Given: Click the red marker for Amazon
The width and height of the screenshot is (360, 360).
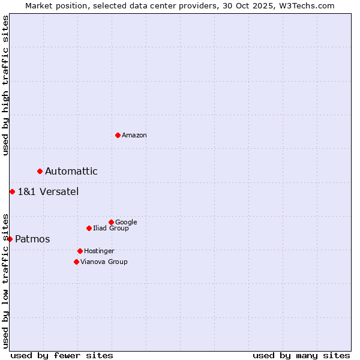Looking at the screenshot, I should tap(118, 135).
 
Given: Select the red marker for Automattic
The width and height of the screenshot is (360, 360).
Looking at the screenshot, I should tap(40, 171).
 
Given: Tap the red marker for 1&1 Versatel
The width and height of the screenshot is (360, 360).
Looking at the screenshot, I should tap(12, 191).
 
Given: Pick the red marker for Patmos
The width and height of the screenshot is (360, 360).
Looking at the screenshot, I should tap(10, 239).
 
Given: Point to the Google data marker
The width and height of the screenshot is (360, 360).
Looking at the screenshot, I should tap(111, 222).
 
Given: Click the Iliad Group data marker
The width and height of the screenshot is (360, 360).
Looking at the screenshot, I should tap(89, 228).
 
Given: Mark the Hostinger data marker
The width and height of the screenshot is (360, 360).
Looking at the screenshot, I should tap(80, 251).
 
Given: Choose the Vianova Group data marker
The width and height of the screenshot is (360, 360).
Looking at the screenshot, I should tap(76, 262).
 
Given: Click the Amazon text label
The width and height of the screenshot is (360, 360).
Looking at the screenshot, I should tap(134, 136).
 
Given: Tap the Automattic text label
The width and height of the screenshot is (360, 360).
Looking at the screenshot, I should tap(71, 172).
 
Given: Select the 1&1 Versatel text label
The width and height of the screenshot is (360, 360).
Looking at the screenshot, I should tap(48, 192).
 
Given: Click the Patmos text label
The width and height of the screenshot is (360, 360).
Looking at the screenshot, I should tap(32, 239).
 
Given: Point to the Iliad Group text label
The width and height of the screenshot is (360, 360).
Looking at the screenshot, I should tap(111, 229).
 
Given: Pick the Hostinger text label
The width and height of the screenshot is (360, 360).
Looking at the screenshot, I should tap(99, 251).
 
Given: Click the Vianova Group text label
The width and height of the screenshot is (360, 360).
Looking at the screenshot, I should tap(104, 262).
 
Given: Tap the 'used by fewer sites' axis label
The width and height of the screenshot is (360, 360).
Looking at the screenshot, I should tap(62, 355).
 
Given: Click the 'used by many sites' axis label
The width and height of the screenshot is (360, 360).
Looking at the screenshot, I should tap(301, 355).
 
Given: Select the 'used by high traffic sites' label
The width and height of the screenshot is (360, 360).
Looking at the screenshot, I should tap(5, 85).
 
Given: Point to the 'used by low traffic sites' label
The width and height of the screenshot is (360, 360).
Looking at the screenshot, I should tap(5, 280).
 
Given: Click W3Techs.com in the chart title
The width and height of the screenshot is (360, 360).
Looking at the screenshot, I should tap(308, 5).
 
